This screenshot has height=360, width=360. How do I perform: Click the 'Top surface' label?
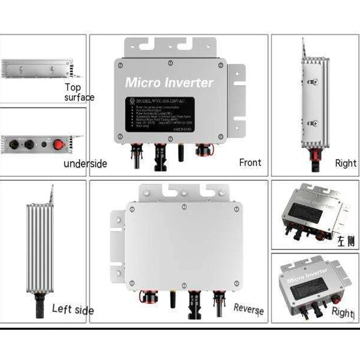79,92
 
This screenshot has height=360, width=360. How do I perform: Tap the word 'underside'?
85,164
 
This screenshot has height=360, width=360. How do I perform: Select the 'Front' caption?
250,162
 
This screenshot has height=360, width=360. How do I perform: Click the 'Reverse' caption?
248,308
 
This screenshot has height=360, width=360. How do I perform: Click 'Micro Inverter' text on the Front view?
169,83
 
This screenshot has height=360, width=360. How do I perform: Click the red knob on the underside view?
59,144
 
